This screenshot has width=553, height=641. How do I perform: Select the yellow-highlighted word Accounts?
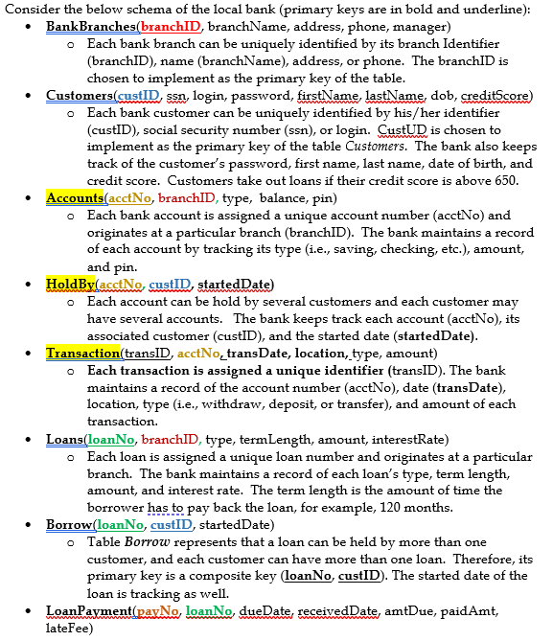[x=75, y=197]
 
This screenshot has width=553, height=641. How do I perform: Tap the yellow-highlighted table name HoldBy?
[x=69, y=284]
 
